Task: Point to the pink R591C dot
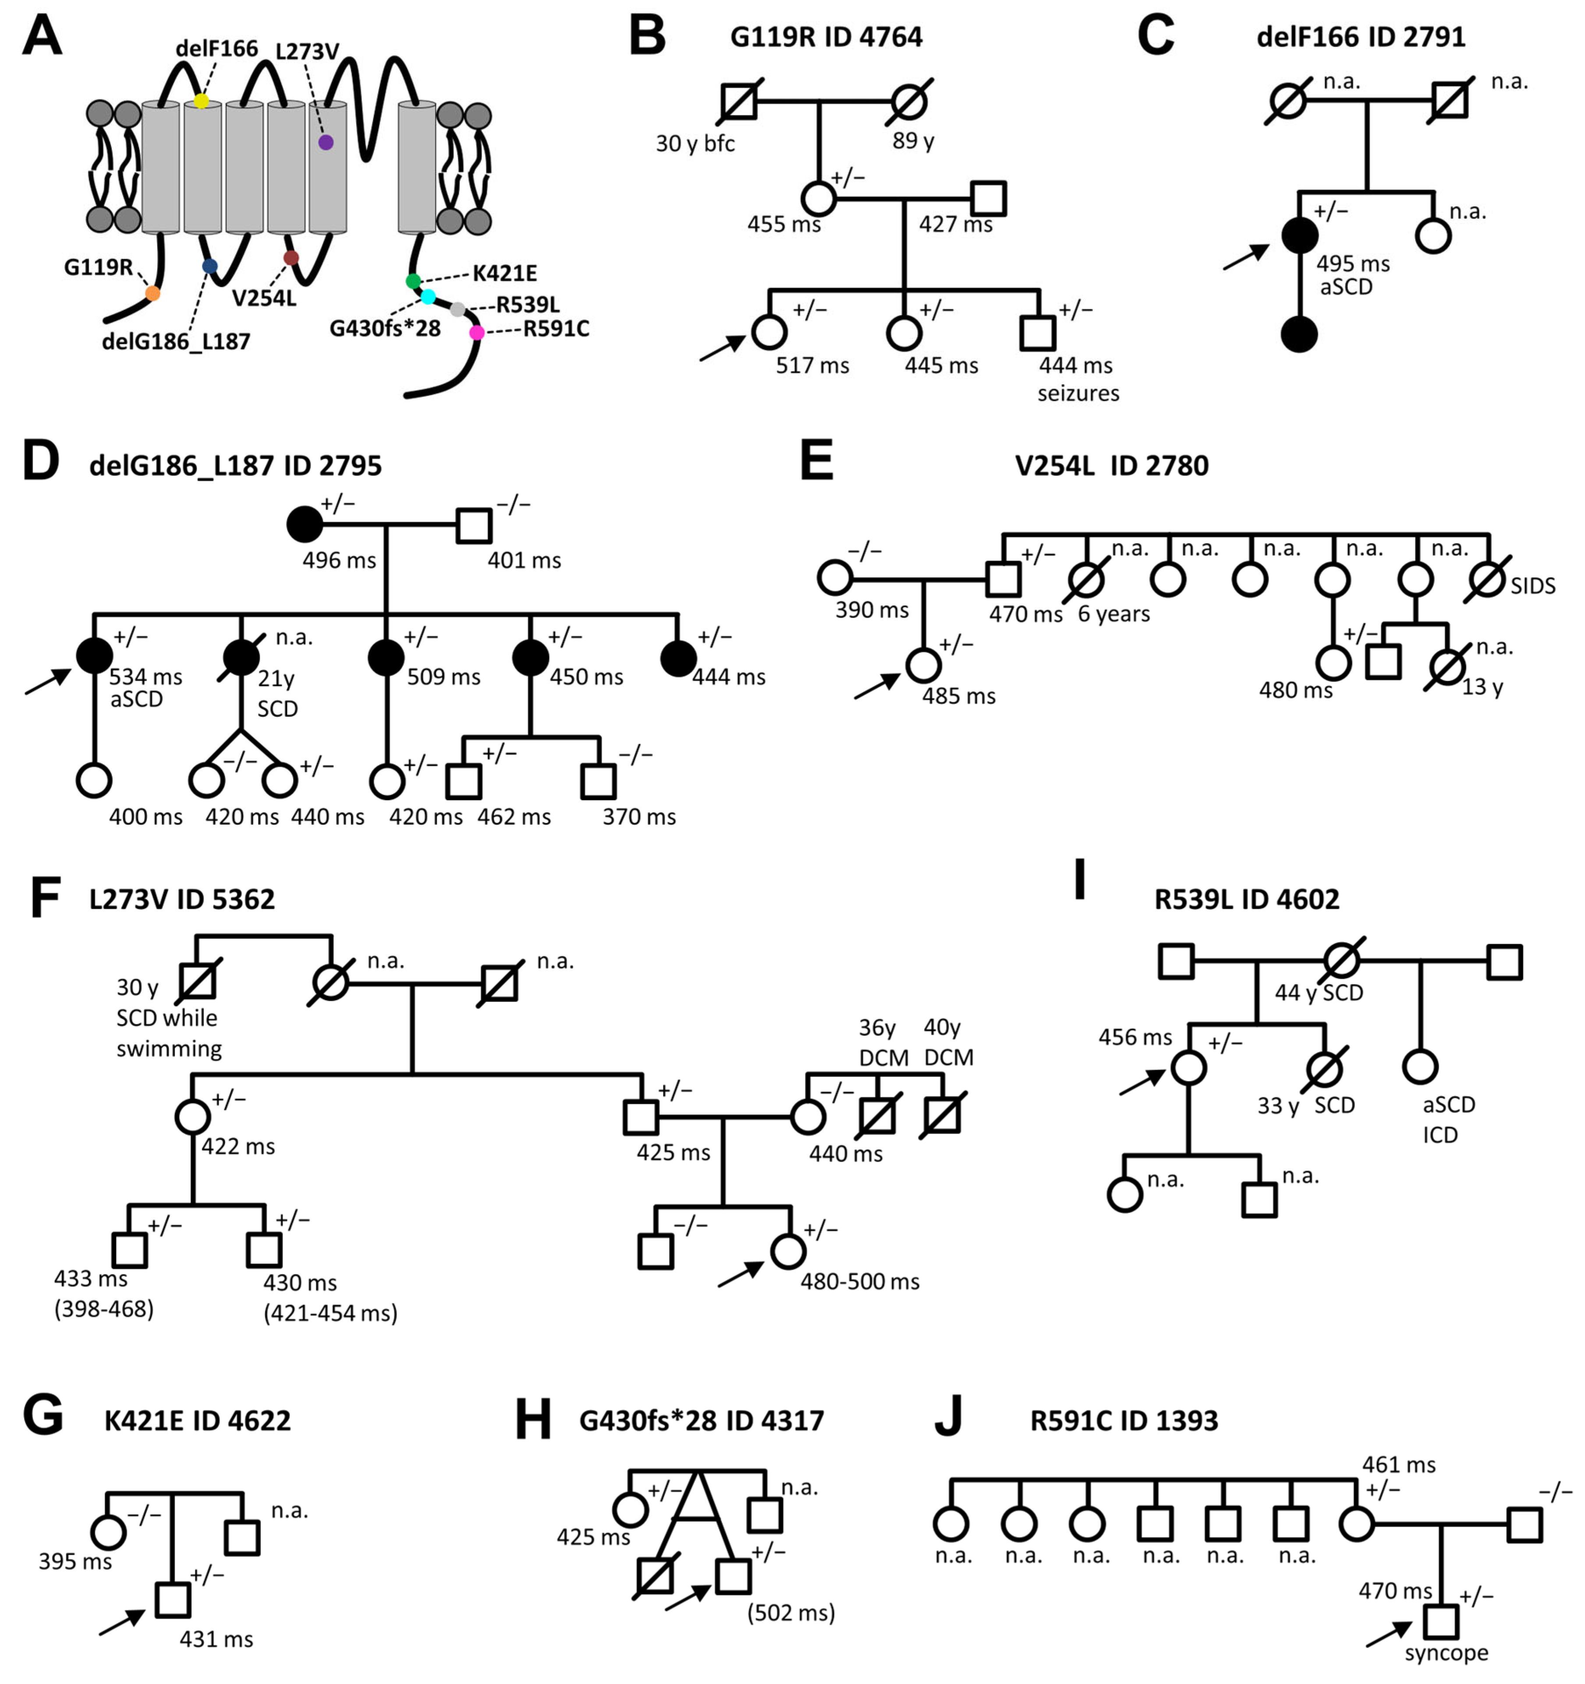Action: point(477,333)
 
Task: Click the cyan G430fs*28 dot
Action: point(429,296)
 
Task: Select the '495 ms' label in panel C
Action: point(1352,264)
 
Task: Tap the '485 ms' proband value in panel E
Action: point(958,696)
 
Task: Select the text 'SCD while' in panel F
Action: point(167,1018)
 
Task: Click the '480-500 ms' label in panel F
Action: point(859,1282)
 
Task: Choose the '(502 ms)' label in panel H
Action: point(791,1612)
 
